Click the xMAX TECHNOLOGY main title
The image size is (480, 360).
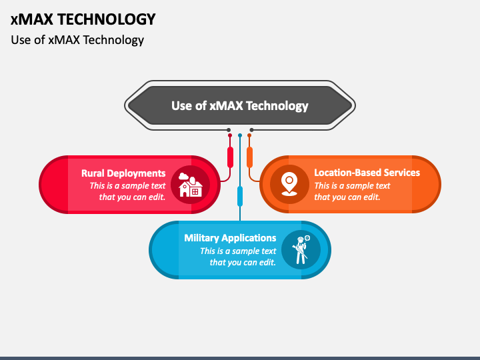pos(83,19)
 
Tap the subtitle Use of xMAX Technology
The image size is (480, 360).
pos(77,40)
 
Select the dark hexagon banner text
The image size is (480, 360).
pos(240,106)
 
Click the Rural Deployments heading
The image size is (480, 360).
pos(123,173)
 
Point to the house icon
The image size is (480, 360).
pos(190,185)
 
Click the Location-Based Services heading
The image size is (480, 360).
pos(367,173)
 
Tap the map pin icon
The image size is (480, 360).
pos(289,184)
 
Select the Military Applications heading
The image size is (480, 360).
pos(230,238)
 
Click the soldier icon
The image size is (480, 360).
pos(301,250)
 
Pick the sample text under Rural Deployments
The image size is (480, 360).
pos(127,191)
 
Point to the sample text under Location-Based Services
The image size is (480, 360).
pos(353,191)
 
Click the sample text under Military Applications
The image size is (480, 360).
pos(238,257)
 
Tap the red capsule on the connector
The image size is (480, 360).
pos(230,157)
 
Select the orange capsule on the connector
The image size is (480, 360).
pos(249,157)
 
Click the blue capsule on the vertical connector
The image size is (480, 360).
pos(240,196)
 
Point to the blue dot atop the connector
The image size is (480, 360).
pos(240,135)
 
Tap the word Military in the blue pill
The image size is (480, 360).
pos(201,238)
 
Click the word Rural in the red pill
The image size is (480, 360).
pos(93,173)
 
